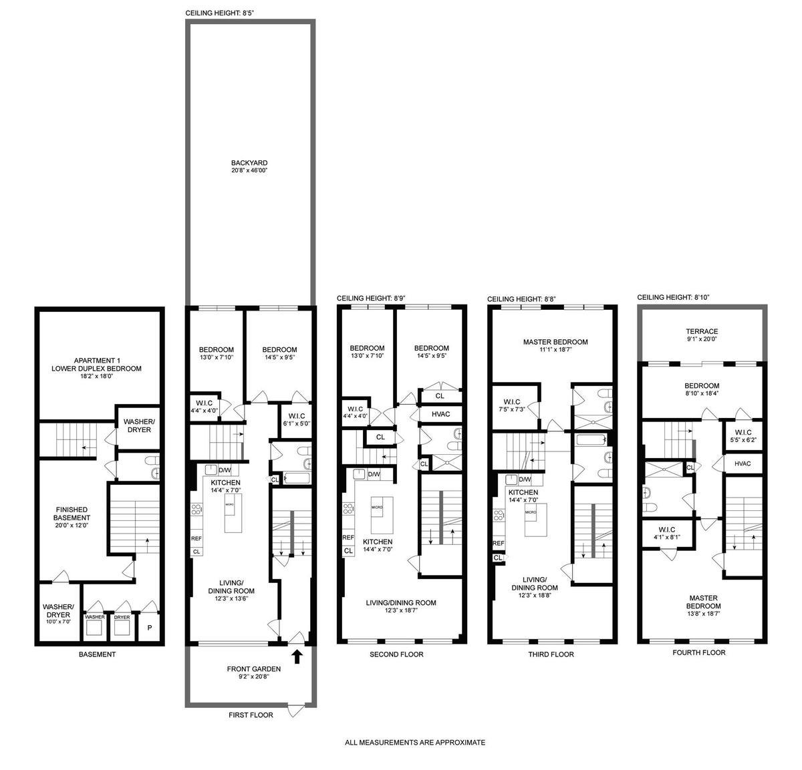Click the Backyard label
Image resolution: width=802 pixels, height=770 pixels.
249,166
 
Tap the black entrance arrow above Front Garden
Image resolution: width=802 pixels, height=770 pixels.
297,656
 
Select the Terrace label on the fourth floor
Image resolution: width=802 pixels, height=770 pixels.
702,335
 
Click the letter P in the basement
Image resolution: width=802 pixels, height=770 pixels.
150,628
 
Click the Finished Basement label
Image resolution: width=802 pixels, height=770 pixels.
72,517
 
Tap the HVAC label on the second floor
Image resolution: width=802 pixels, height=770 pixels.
440,414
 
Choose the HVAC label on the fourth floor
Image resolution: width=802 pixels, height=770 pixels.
743,463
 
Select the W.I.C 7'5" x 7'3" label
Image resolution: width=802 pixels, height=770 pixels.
512,405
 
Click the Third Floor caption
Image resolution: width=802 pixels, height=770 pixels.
551,654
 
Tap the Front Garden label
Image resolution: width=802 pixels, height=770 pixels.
248,672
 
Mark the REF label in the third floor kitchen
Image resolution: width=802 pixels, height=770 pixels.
499,543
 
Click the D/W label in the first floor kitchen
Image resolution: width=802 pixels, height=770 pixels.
225,470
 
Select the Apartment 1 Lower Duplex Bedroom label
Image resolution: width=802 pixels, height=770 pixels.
96,368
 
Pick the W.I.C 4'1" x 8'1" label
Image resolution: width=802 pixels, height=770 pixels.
667,533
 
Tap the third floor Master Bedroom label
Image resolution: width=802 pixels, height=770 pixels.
555,345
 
